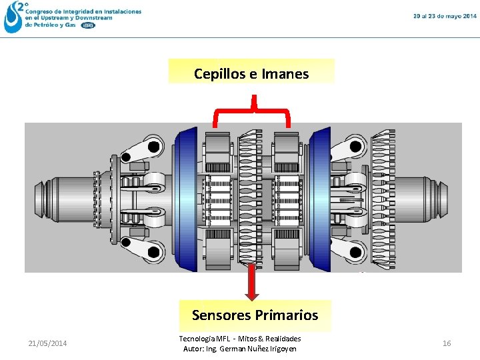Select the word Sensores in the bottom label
point(222,315)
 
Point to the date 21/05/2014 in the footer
point(47,343)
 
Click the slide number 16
point(447,343)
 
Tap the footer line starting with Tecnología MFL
point(240,339)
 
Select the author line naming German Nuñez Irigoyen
point(240,349)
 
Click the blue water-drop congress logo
point(13,17)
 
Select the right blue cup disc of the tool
point(320,198)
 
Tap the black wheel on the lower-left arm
point(155,252)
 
